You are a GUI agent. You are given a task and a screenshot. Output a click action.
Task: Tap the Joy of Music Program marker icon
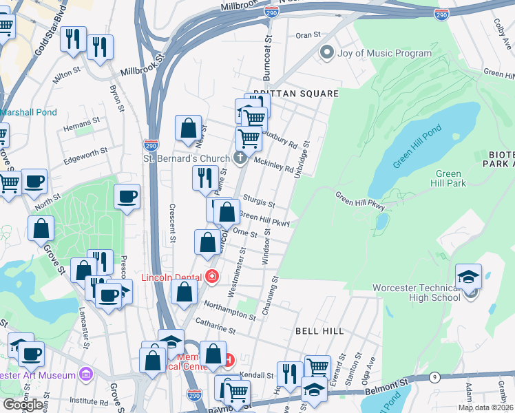tap(327, 52)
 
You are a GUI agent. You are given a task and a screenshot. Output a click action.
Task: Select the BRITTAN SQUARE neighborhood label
tap(296, 94)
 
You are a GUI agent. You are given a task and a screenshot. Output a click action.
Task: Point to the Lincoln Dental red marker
tap(212, 277)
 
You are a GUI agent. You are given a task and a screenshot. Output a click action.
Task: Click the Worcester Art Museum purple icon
tap(85, 374)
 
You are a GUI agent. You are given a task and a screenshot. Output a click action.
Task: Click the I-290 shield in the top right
tap(442, 13)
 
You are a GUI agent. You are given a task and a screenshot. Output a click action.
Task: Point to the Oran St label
tap(308, 34)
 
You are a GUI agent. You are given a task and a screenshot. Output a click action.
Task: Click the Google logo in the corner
tap(23, 405)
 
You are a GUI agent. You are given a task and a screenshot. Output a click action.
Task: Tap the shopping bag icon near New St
tap(188, 128)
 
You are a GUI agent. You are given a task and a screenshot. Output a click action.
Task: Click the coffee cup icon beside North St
tap(34, 182)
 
